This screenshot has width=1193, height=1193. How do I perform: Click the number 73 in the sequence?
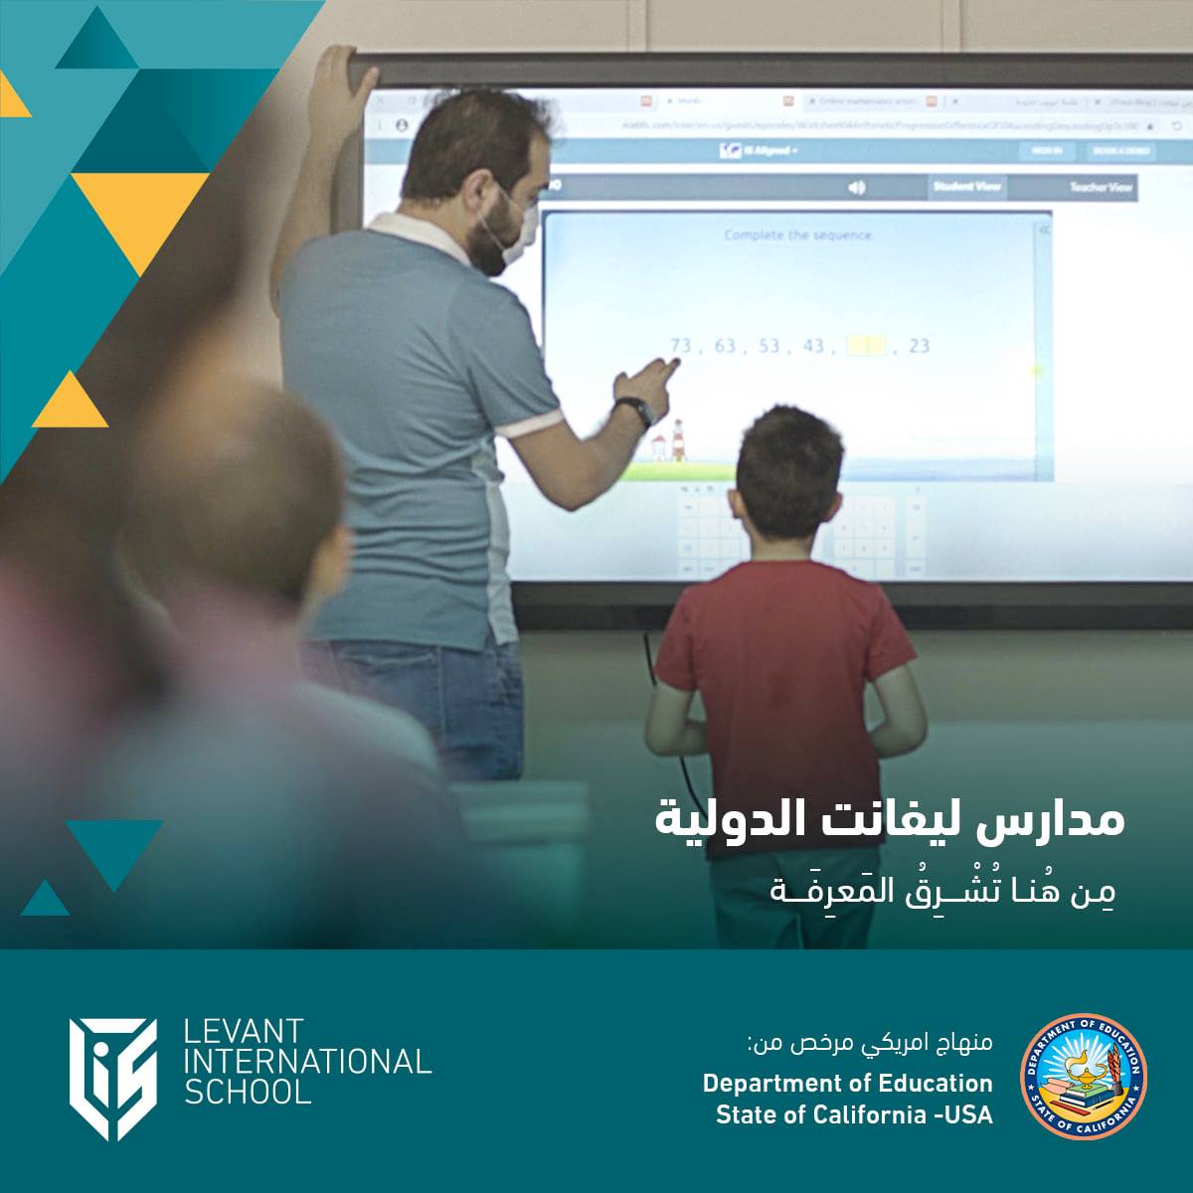681,345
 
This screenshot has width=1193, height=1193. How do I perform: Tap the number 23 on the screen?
919,346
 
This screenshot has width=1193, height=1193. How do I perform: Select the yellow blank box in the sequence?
865,346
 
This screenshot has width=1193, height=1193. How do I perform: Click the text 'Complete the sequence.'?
799,236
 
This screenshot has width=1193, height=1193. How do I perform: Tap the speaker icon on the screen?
856,187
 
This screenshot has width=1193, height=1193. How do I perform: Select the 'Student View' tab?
966,187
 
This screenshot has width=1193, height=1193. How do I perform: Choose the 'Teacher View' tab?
1100,188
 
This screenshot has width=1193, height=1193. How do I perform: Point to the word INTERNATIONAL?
309,1062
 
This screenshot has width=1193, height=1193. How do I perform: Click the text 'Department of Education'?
847,1082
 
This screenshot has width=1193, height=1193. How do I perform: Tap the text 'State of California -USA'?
853,1114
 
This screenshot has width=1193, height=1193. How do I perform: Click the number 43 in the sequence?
813,346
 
